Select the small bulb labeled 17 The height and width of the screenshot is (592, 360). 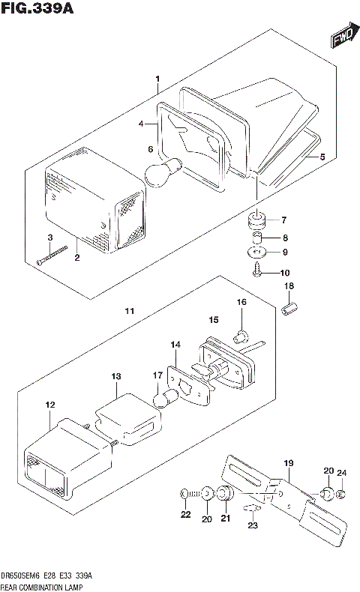(163, 396)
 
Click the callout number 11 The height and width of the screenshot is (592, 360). (129, 311)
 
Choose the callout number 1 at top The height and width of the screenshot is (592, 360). (157, 79)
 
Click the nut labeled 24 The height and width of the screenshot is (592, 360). (340, 495)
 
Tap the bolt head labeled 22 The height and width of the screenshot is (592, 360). (184, 495)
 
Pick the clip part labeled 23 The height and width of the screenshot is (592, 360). (253, 510)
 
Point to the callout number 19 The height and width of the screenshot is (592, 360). (289, 462)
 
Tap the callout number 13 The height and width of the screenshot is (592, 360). (115, 375)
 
